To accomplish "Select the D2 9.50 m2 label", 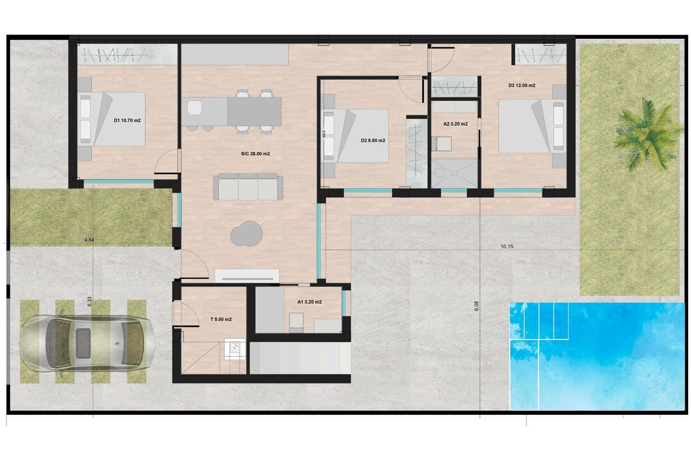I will click(x=373, y=141).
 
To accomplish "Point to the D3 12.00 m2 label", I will click(x=522, y=85).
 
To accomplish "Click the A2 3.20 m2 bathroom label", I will click(x=455, y=124).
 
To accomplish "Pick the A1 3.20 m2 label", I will click(x=309, y=301).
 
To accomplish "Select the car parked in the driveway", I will click(x=86, y=342).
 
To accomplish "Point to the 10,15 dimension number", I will click(x=507, y=246).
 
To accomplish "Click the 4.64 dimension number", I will click(x=89, y=239).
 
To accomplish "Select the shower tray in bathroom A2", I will click(x=455, y=172).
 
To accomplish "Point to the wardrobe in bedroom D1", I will click(x=127, y=55).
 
